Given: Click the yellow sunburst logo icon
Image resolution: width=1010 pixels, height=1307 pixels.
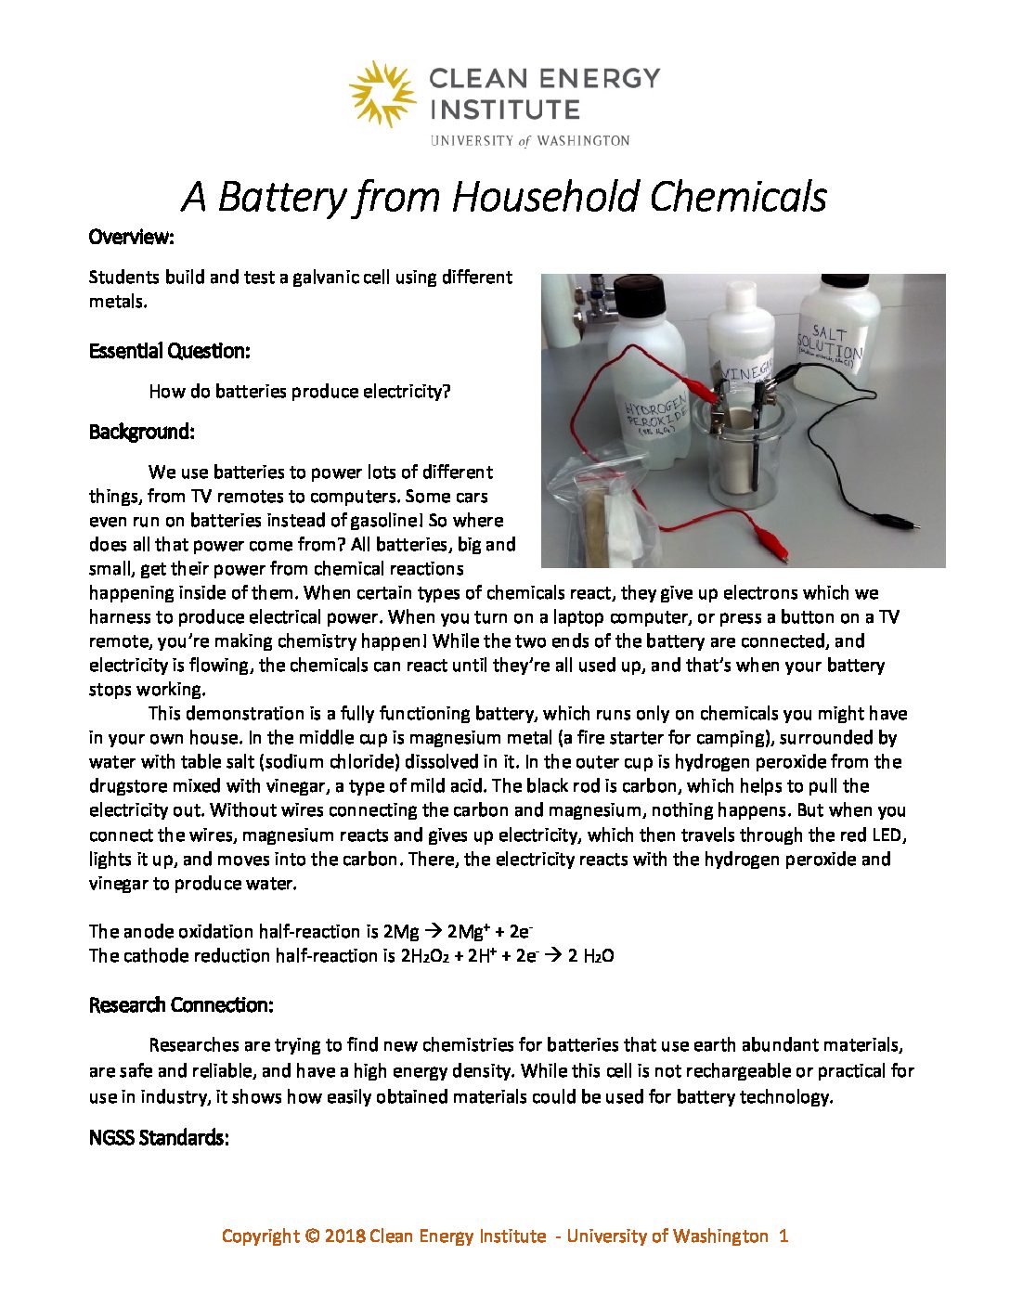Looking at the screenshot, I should pos(382,93).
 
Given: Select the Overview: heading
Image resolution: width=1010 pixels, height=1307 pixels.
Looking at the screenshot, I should pos(131,237).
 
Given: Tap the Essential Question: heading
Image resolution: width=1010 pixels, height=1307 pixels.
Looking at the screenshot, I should pos(169,351).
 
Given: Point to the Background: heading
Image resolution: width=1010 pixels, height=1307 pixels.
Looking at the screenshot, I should pos(141,432).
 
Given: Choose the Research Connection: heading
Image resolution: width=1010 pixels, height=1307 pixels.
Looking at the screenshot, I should pos(180,1005).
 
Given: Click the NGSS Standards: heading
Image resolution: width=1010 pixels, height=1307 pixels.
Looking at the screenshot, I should pos(158,1138).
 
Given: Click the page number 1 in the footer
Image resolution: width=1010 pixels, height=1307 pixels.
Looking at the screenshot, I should pos(783,1236).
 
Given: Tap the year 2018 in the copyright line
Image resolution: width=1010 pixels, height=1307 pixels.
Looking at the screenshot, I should pos(343,1236).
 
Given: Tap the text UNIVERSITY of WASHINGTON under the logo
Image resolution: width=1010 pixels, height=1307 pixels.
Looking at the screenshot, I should pos(529,141).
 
